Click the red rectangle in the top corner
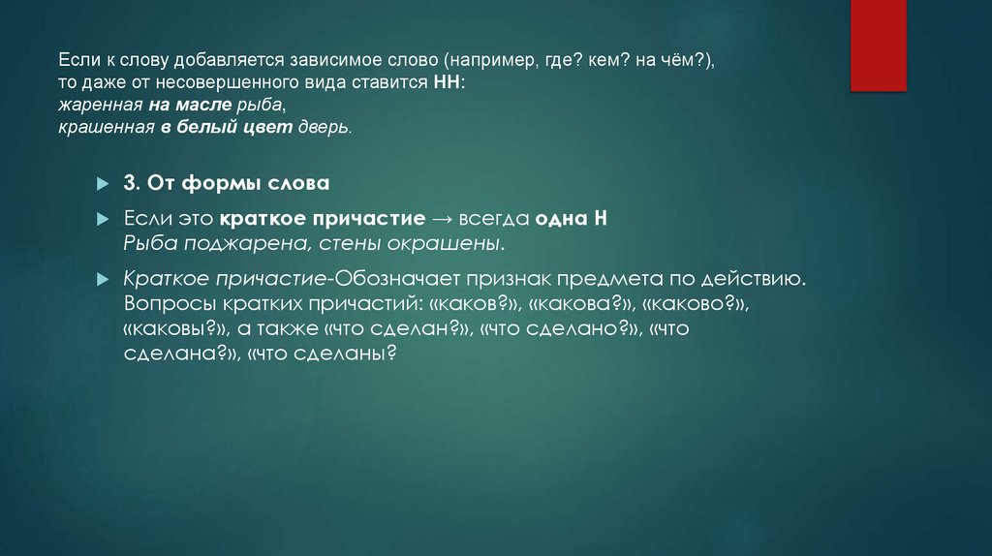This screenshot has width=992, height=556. pos(879,45)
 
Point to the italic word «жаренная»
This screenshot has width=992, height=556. pos(97,106)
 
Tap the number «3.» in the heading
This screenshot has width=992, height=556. pos(133,184)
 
